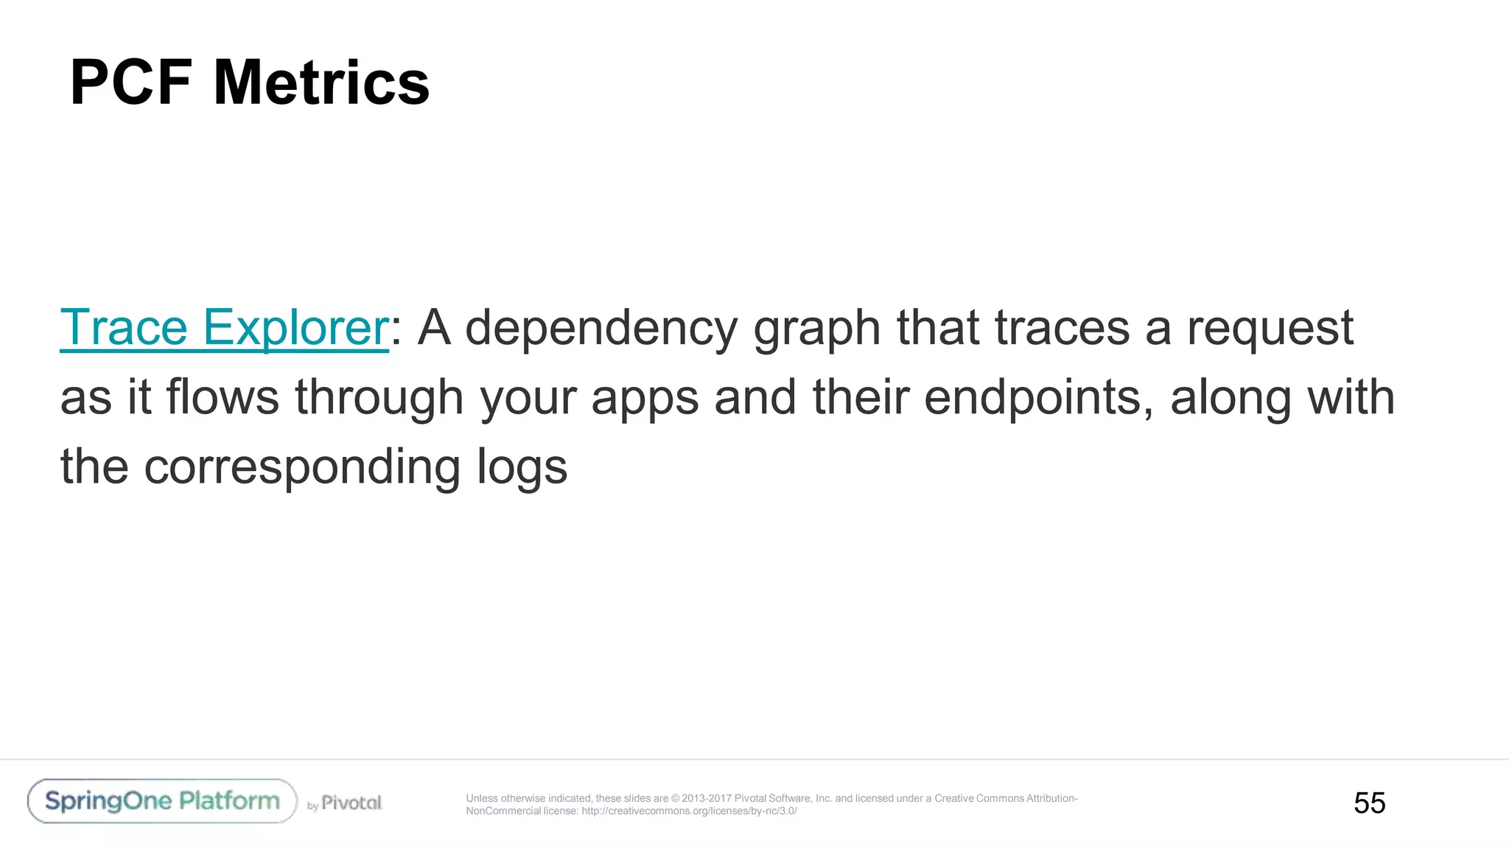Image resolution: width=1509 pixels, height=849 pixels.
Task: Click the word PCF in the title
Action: point(131,83)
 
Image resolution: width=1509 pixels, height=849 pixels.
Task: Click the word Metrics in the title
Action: point(321,83)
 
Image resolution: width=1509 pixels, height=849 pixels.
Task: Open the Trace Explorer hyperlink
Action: point(224,327)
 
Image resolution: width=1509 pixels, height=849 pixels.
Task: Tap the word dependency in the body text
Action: point(601,329)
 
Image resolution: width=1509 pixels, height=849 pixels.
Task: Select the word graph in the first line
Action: point(816,329)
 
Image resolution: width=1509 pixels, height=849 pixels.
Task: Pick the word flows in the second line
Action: point(223,396)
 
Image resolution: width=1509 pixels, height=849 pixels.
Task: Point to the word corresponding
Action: point(302,467)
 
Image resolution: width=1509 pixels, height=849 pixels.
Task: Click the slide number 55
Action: point(1369,803)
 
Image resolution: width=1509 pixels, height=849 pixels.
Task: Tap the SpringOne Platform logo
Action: point(162,801)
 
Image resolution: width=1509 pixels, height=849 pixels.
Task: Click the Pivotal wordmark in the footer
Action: point(351,803)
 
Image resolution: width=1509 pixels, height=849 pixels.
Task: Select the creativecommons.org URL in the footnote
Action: point(689,811)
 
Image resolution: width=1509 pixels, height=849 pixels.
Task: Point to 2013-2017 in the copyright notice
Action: point(706,798)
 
